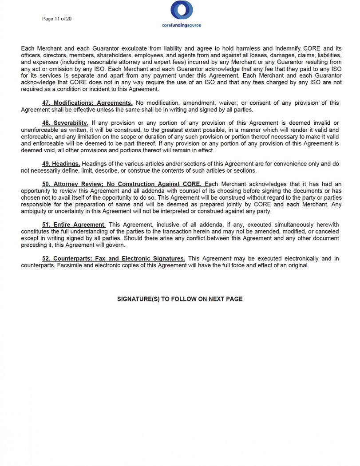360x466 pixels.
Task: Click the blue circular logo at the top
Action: tap(182, 10)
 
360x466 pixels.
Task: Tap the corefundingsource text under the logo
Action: tap(182, 25)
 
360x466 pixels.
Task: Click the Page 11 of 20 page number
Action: tap(57, 19)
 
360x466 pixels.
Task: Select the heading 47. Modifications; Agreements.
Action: tap(87, 103)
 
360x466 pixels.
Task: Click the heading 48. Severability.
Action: tap(65, 123)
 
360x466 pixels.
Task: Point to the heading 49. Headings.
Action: tap(61, 164)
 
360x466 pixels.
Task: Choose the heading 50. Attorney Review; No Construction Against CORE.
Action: tap(122, 184)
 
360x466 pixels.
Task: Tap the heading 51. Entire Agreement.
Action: tap(74, 225)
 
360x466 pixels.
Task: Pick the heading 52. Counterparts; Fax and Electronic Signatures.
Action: tap(114, 259)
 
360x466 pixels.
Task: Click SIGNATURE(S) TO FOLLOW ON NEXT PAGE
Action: tap(180, 299)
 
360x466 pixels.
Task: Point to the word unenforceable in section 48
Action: tap(39, 130)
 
